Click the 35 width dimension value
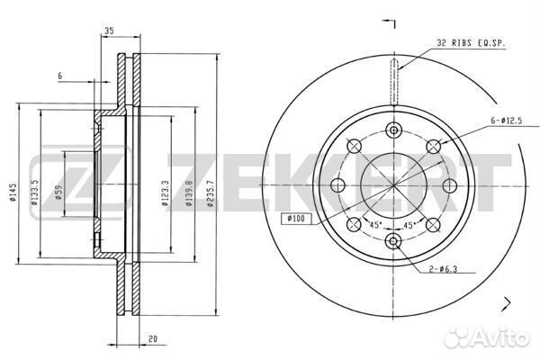pos(109,31)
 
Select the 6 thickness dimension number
pos(60,76)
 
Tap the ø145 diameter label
pos(13,193)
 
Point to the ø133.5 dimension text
pos(34,193)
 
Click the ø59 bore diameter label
pos(58,193)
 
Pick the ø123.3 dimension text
pos(165,193)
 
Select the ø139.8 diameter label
pos(189,193)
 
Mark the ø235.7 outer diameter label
pos(211,193)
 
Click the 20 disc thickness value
pos(153,339)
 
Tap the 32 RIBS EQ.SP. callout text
pos(471,43)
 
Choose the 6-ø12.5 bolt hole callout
pos(506,121)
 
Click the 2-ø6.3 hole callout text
pos(443,269)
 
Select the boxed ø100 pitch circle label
pos(296,219)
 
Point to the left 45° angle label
pos(375,225)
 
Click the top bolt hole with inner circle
pos(393,130)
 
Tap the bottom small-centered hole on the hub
pos(393,241)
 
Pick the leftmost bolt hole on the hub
pos(337,185)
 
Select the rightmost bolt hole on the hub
pos(449,185)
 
